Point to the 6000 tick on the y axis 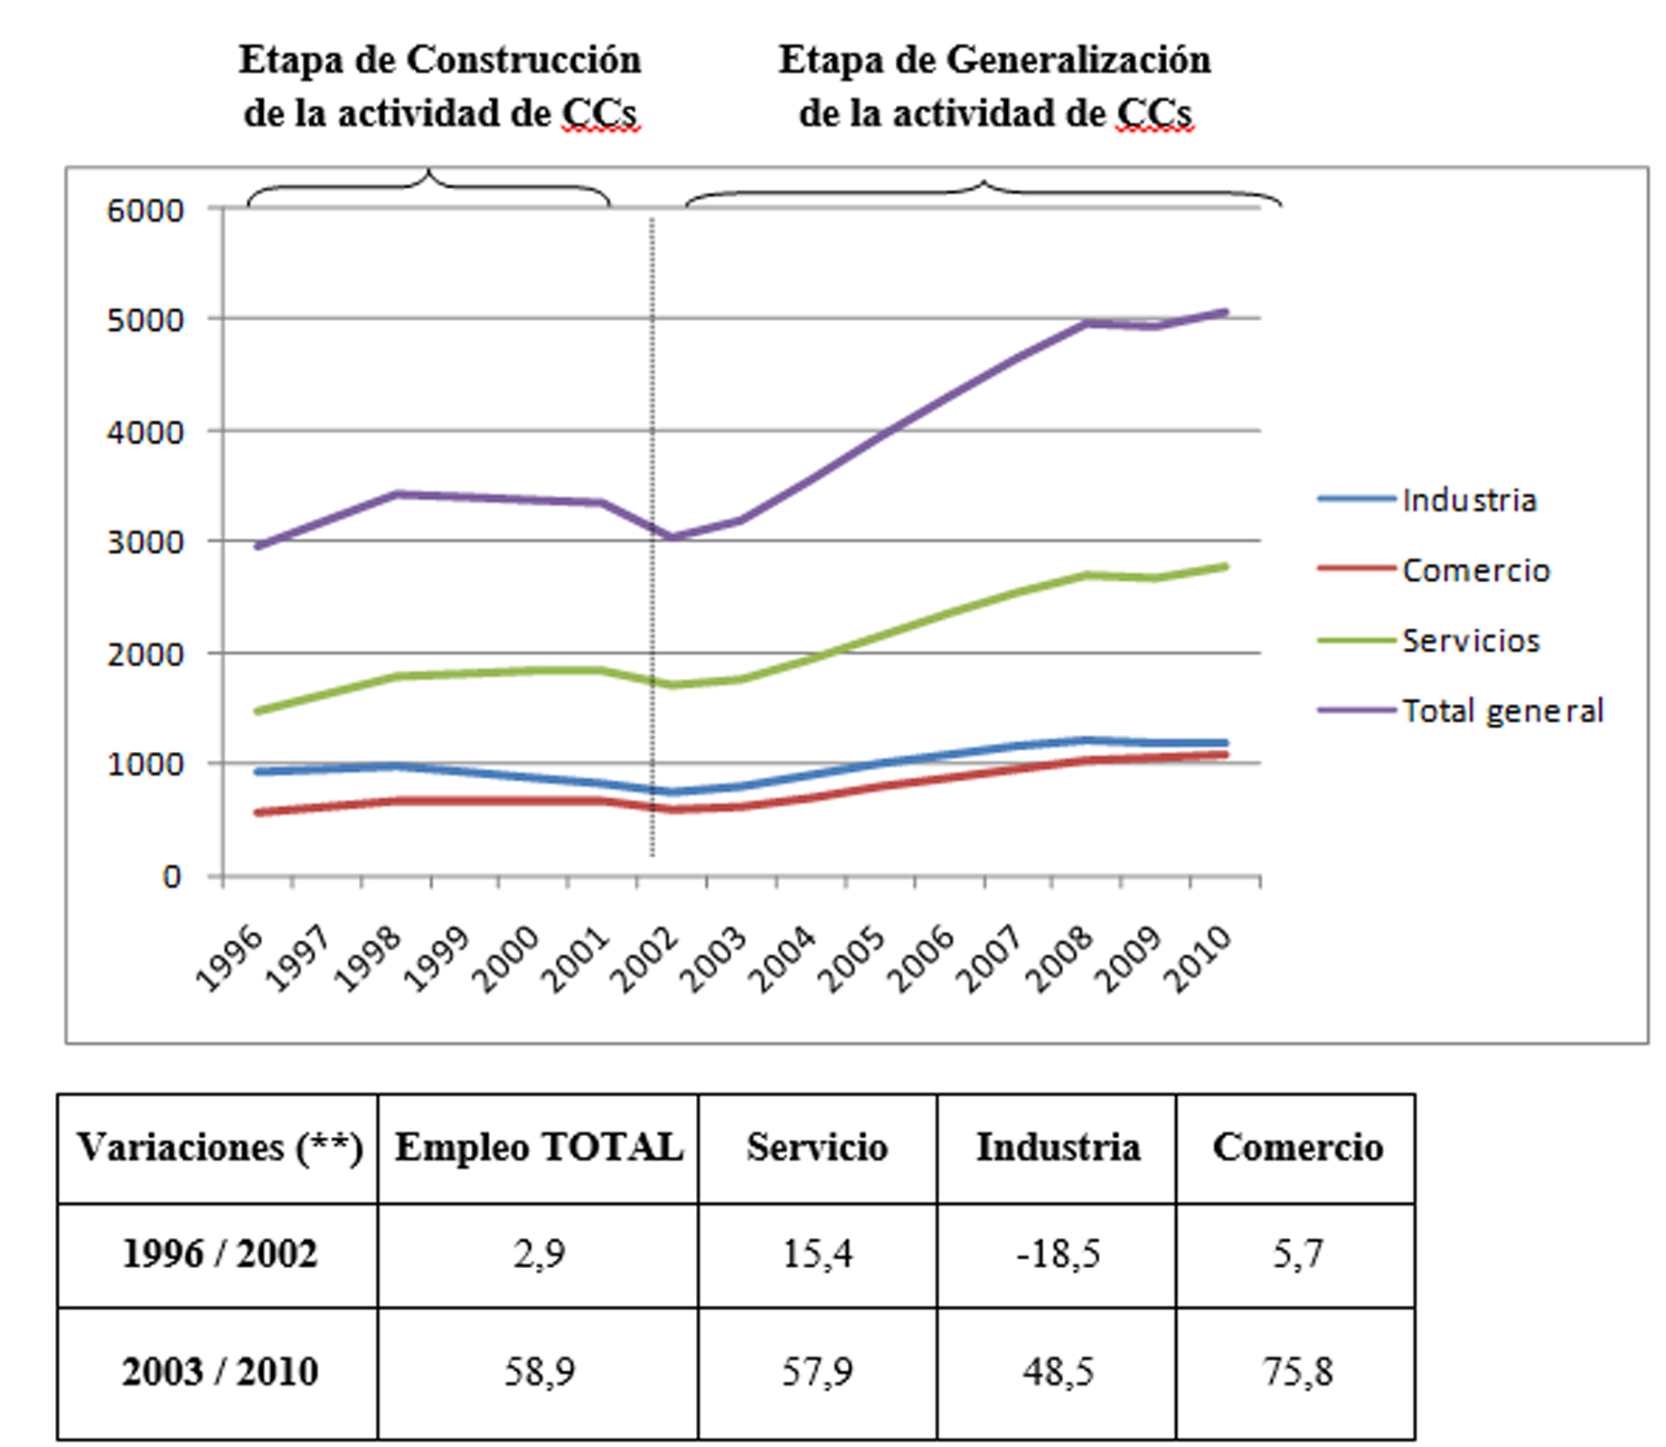(146, 211)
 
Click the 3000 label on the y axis (146, 542)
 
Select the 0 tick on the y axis (171, 877)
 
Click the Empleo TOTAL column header (539, 1148)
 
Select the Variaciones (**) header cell (219, 1148)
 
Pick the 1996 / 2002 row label (219, 1254)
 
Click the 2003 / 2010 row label (219, 1372)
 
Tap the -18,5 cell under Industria (1058, 1254)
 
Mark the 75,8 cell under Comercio (1297, 1372)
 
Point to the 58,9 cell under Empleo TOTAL (539, 1372)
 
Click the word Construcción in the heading (523, 61)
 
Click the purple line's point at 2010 (1225, 313)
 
